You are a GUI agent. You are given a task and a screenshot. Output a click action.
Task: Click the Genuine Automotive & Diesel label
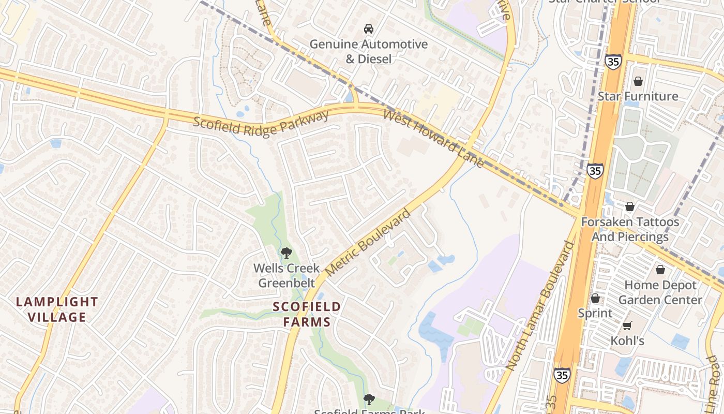point(368,52)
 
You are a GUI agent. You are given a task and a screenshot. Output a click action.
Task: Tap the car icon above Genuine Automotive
point(368,28)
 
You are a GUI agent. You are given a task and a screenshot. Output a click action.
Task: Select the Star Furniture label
point(638,96)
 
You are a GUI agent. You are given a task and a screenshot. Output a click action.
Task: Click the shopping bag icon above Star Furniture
point(638,81)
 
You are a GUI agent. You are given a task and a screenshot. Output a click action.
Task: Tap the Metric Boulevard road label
point(368,243)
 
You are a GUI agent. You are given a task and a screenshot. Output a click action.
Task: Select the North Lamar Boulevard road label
point(540,305)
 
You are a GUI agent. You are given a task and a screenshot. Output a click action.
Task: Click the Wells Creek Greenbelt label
point(286,275)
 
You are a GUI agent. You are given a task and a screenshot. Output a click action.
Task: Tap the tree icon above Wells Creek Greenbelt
point(286,253)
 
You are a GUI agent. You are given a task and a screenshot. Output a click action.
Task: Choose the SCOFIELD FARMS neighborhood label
point(307,314)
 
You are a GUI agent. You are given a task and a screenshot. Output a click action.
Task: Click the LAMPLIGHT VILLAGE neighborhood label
point(57,309)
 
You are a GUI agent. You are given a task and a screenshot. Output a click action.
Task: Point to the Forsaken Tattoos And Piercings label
point(630,229)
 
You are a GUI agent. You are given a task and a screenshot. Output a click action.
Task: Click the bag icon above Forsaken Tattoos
point(629,207)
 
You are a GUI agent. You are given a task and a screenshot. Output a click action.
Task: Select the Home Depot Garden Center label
point(660,292)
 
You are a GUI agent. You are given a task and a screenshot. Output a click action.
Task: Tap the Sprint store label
point(595,313)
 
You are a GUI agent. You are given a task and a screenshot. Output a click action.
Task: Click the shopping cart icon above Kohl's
point(627,326)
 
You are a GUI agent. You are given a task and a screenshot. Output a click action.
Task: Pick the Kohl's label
point(627,341)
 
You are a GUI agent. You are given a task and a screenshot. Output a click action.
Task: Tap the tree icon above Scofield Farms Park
point(368,399)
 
